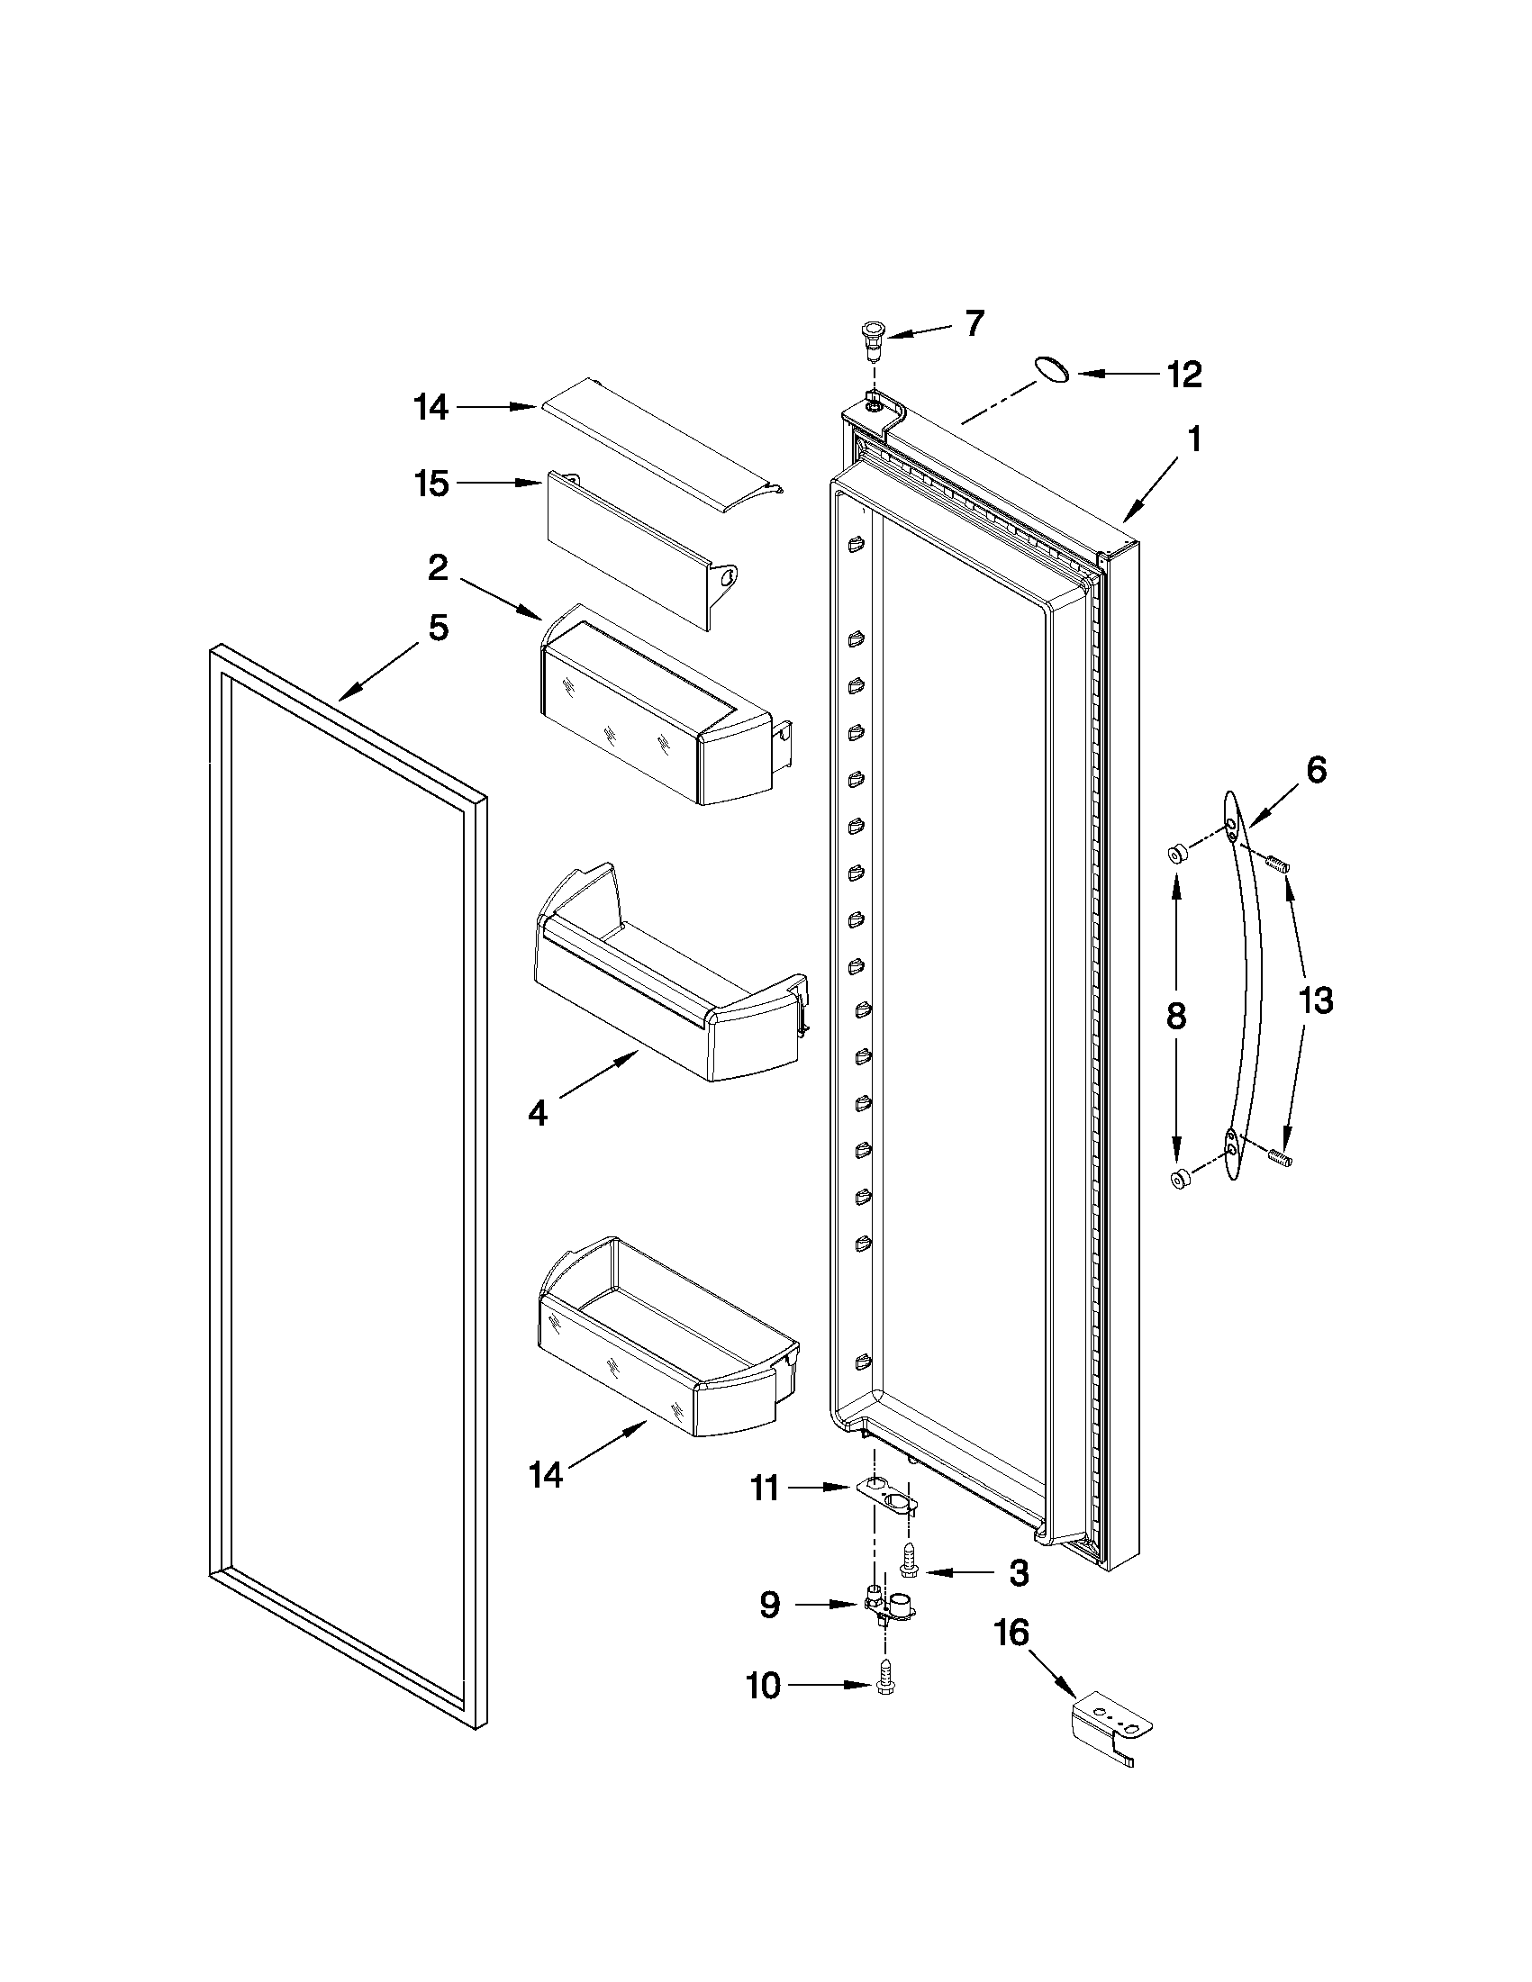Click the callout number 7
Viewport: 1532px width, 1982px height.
coord(974,323)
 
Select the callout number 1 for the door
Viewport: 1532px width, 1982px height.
coord(1194,440)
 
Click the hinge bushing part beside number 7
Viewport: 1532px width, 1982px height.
coord(873,335)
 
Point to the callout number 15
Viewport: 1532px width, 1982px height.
coord(431,484)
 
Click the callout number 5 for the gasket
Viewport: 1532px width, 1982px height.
coord(439,627)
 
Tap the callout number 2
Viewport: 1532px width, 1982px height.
coord(437,569)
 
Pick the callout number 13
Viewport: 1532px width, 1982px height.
coord(1315,1001)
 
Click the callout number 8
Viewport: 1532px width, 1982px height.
coord(1175,1016)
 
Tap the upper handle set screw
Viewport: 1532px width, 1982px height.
coord(1280,864)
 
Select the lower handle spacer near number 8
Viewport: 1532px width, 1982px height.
coord(1181,1180)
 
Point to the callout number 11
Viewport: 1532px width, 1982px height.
coord(764,1489)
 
